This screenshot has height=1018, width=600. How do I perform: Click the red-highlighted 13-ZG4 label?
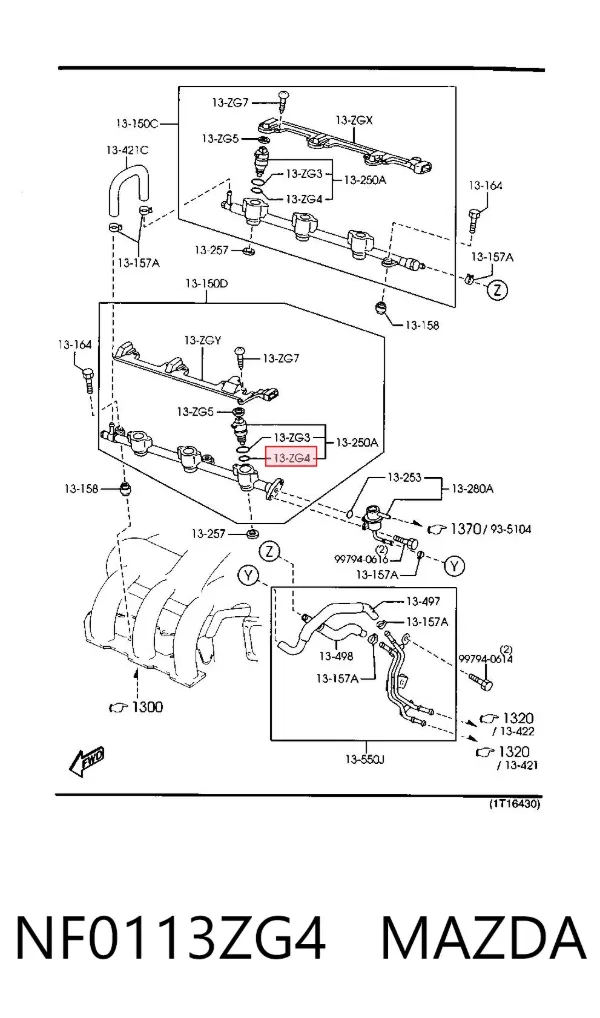coord(293,458)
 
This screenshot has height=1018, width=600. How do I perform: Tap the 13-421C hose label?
coord(127,150)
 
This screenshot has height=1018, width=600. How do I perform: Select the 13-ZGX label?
coord(355,120)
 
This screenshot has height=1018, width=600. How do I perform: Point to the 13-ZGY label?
coord(203,340)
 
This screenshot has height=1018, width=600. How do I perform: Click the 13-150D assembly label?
coord(206,283)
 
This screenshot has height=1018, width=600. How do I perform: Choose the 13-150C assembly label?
coord(137,122)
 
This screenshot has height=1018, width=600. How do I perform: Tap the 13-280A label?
coord(472,488)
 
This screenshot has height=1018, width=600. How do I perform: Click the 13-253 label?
coord(404,477)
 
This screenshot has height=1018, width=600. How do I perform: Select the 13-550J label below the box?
coord(364,759)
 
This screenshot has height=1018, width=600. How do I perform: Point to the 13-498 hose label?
coord(336,656)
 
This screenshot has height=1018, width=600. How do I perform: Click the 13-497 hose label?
coord(423,602)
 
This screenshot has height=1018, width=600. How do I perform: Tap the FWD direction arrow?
coord(86,762)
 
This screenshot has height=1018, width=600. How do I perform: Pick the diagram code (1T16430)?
coord(514,804)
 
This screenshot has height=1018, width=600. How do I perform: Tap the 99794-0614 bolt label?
coord(486,659)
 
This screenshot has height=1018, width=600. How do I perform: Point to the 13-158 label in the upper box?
coord(422,325)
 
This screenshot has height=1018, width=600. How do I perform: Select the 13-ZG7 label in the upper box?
coord(230,102)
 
